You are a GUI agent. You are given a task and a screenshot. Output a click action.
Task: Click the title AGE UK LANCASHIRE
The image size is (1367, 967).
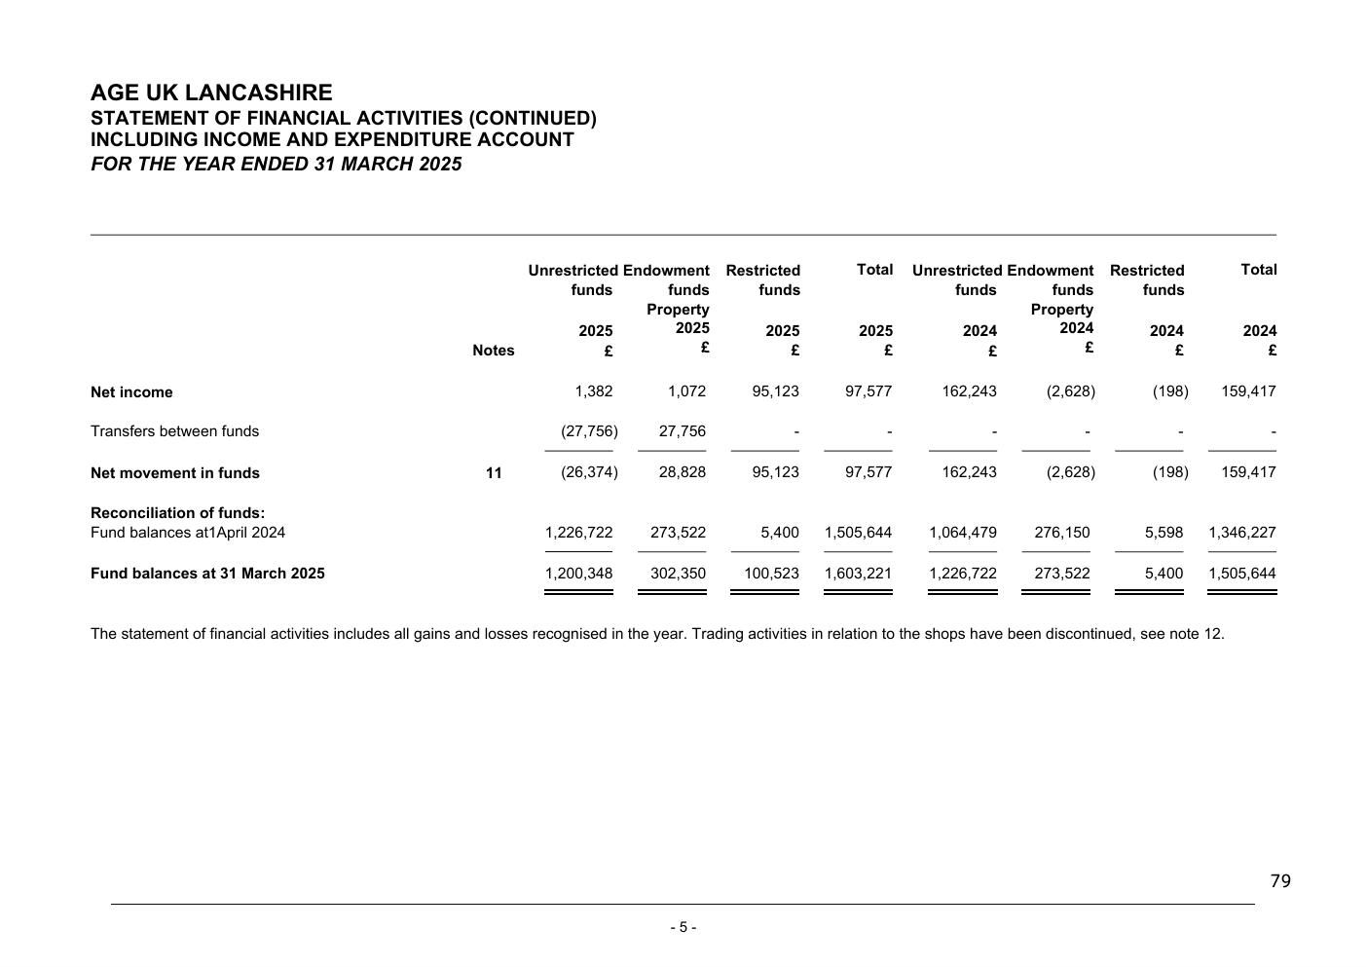point(211,93)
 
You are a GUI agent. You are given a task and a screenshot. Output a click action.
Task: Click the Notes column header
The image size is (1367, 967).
point(493,351)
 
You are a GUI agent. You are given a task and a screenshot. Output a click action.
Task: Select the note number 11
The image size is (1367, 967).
point(494,473)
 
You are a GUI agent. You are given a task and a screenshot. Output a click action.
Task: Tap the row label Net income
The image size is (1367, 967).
point(131,392)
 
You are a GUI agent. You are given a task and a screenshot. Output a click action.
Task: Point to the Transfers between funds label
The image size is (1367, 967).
point(174,431)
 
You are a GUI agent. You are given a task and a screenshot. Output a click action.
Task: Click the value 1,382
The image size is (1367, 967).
point(594,391)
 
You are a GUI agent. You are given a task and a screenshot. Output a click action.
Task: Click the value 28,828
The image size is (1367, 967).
point(683,472)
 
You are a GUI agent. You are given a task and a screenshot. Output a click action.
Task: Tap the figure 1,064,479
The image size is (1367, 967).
point(963,533)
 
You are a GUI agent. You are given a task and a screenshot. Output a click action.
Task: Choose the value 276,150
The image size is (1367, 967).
point(1061,533)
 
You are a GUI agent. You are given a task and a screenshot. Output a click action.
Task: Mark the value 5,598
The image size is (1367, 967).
point(1164,533)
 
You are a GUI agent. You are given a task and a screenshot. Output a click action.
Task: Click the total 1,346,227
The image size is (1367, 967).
point(1241,533)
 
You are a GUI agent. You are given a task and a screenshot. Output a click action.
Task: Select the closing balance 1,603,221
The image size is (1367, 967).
point(858,574)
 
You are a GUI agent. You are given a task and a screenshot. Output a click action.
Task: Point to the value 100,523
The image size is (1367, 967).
point(771,574)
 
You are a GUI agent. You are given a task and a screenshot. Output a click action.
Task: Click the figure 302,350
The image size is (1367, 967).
point(678,574)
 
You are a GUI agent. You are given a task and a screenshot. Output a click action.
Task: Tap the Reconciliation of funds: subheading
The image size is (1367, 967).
point(177,513)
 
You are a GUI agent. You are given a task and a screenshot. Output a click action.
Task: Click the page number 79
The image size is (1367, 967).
point(1280,881)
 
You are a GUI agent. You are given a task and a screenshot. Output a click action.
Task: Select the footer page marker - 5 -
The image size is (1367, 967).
point(683,927)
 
